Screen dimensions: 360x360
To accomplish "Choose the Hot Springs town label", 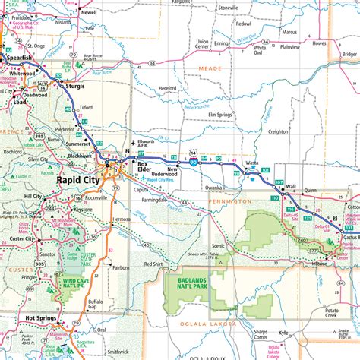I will pyautogui.click(x=42, y=318).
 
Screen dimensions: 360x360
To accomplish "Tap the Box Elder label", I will pyautogui.click(x=143, y=168).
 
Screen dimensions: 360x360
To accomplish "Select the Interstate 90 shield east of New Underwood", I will pyautogui.click(x=194, y=161).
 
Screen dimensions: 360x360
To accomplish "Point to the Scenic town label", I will pyautogui.click(x=219, y=245).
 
